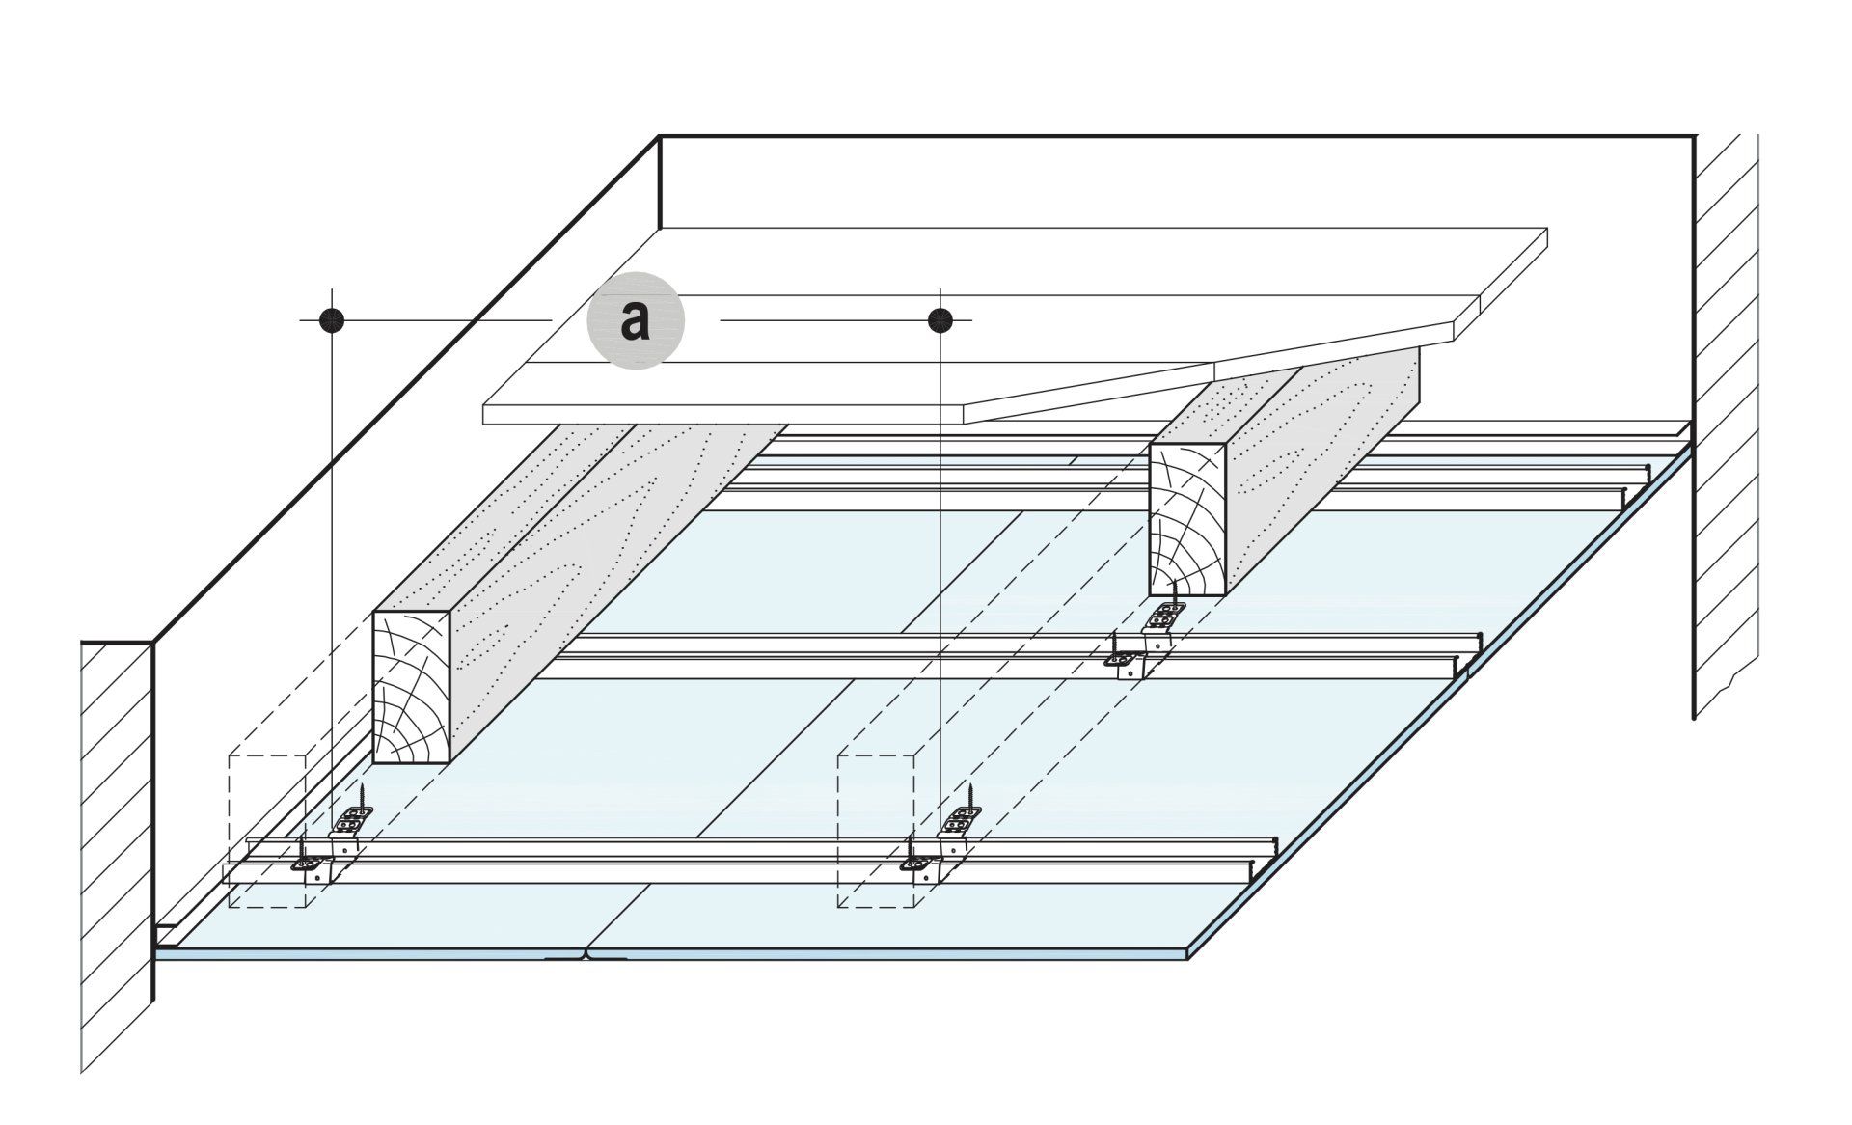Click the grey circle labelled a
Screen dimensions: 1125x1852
point(636,319)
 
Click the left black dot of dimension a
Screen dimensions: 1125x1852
point(332,319)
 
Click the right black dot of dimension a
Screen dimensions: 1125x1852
point(940,319)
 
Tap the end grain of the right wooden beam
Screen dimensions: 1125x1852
point(1187,520)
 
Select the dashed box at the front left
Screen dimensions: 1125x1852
point(267,830)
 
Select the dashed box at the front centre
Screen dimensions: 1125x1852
point(876,830)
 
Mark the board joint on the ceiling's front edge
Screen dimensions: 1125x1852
point(586,956)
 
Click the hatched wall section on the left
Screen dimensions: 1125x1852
point(116,849)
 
